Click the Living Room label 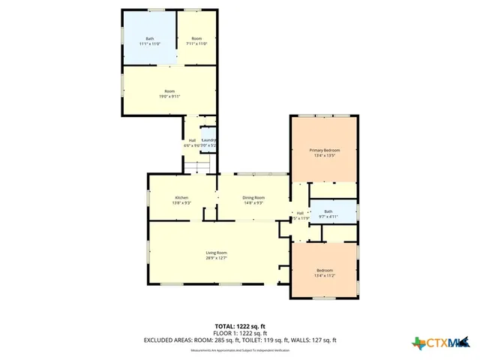[x=216, y=253]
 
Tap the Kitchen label [x=171, y=197]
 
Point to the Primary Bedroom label [x=325, y=150]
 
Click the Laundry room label [x=208, y=140]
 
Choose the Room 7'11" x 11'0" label [x=196, y=38]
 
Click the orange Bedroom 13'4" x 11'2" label [x=325, y=270]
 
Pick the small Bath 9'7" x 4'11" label [x=328, y=211]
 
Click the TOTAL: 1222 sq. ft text [x=240, y=326]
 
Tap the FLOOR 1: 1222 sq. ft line [x=240, y=333]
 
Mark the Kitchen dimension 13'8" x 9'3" [x=171, y=202]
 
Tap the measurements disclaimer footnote [x=240, y=350]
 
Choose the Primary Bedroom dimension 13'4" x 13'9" [x=325, y=155]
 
